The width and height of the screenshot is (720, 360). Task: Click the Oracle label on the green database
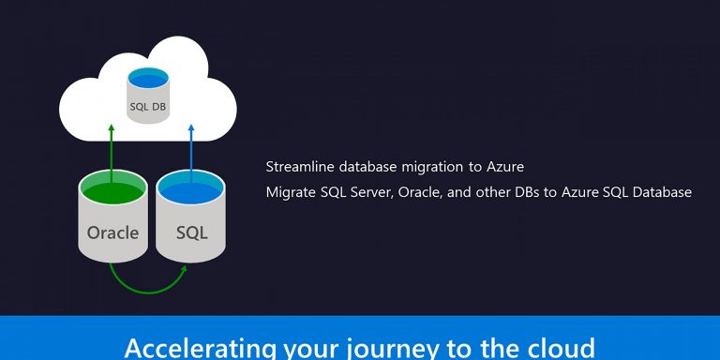coord(112,232)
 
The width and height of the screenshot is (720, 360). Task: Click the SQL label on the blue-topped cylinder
coord(191,232)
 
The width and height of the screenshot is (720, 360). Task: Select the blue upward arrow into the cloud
coord(191,150)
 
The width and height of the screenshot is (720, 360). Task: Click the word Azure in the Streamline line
coord(505,167)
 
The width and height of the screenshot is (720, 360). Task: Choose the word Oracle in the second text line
coord(425,192)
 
